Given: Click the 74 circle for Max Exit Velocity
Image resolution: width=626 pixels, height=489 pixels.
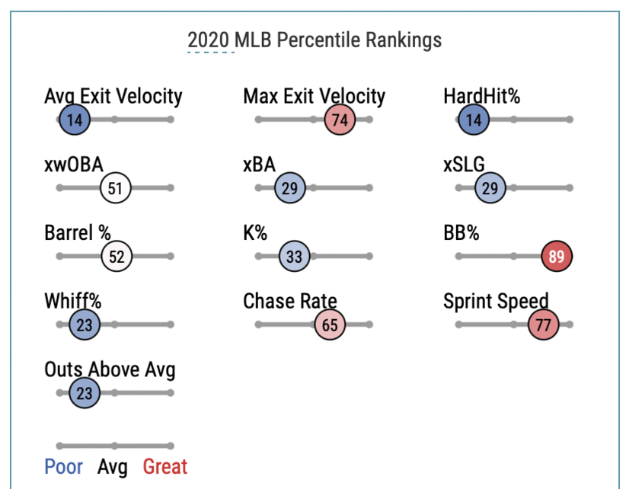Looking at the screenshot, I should coord(340,120).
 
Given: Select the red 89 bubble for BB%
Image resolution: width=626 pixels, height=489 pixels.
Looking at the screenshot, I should coord(556,257).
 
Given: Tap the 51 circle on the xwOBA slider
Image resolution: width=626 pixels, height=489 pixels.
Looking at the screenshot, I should coord(116,188).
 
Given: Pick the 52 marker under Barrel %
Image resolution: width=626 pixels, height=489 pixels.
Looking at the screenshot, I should coord(117,257).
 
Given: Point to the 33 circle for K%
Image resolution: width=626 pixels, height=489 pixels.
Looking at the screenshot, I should coord(294,257).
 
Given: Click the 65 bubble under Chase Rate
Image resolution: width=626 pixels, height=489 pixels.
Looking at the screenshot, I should coord(330,325).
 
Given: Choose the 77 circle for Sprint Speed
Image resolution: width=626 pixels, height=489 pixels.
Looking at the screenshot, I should coord(544,325).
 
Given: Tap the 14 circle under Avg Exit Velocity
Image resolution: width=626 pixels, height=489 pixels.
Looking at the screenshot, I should coord(75,120).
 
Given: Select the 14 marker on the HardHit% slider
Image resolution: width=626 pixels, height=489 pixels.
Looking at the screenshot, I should coord(474,120).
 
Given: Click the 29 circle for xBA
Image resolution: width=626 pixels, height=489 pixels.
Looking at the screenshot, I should coord(289,188).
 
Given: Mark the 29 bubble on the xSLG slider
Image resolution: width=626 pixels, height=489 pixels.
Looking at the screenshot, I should coord(490,188).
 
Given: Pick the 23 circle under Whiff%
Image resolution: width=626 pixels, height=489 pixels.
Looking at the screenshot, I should coord(85,325).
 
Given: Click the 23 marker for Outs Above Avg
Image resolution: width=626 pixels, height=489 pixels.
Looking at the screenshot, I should coord(85,394).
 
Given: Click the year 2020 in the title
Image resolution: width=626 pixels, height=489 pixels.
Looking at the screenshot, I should coord(209,40).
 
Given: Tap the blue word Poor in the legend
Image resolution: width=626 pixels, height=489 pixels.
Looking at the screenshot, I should coord(63,466).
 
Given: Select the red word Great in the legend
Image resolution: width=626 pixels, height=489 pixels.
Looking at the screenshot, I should coord(164,466).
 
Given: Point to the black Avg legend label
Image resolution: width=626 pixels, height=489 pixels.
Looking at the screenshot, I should coord(113,466).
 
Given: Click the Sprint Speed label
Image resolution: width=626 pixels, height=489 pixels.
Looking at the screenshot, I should coord(496,302).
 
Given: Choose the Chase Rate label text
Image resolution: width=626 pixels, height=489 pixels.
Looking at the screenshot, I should coord(289,302).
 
